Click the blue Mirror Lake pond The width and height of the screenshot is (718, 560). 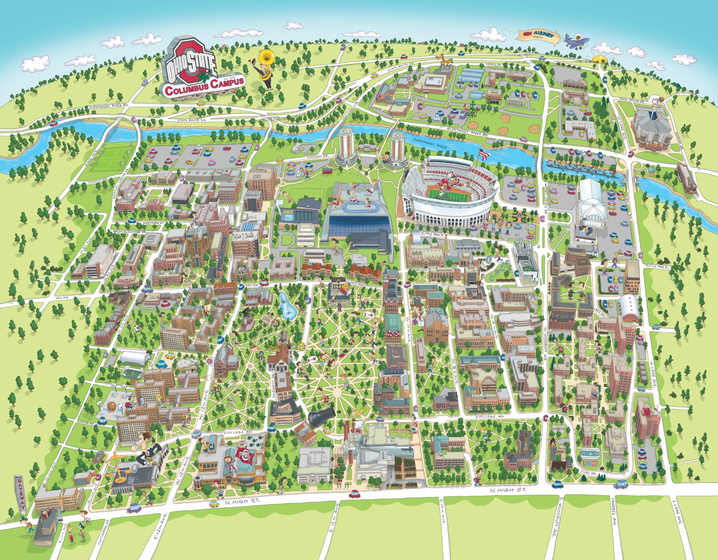point(288,306)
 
